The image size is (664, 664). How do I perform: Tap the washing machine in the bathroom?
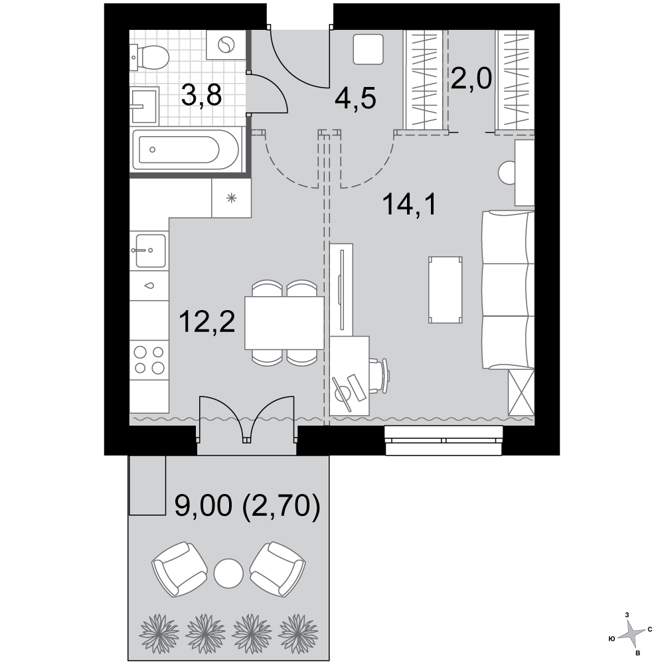tap(226, 44)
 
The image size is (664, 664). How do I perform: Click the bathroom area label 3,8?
tap(201, 95)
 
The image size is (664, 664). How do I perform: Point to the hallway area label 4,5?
tap(355, 99)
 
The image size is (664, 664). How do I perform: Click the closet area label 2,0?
tap(471, 78)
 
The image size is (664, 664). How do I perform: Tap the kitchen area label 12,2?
tap(207, 321)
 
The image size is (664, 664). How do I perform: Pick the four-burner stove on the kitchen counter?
tap(149, 360)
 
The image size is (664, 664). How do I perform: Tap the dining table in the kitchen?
tap(284, 323)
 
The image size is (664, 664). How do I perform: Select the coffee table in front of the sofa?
tap(445, 290)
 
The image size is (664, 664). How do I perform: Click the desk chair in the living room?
tap(378, 376)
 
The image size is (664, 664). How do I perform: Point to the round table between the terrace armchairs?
tap(228, 572)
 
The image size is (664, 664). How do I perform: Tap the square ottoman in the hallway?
tap(368, 49)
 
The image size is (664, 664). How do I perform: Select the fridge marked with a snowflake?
tap(231, 198)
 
